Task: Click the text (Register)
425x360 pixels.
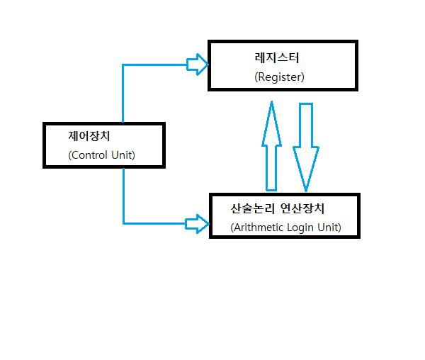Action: [279, 77]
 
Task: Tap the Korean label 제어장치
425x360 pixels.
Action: [89, 135]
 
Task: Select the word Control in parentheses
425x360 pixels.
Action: [89, 154]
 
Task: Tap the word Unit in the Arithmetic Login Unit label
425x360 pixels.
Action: [329, 227]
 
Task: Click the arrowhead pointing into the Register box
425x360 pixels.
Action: [198, 65]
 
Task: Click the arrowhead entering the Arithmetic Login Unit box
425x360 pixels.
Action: [198, 224]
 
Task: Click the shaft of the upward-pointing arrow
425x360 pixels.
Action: [271, 167]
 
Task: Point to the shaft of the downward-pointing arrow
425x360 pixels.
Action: [306, 125]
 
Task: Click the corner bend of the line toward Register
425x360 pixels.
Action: [123, 65]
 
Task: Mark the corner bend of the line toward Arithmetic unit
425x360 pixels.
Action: [123, 224]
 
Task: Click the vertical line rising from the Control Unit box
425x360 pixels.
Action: [123, 96]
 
